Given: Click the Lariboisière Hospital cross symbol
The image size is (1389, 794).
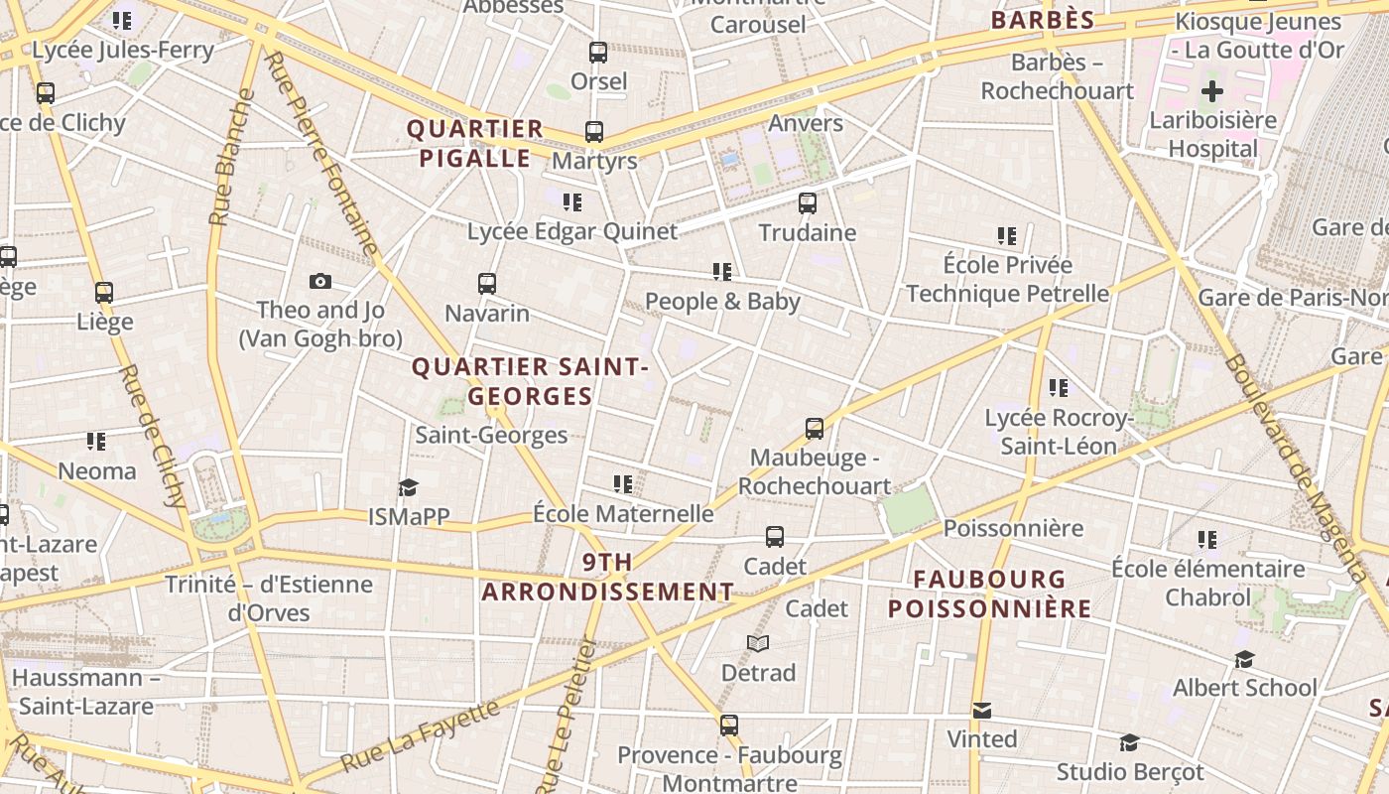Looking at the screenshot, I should tap(1211, 92).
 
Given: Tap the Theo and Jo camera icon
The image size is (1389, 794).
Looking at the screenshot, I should tap(319, 281).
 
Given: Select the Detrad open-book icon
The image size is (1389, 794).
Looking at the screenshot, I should tap(758, 643).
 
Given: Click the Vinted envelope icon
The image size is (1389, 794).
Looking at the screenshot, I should tap(982, 710).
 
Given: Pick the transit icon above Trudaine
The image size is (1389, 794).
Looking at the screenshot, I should tap(808, 203).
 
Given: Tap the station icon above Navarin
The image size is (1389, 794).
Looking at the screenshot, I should tap(486, 284).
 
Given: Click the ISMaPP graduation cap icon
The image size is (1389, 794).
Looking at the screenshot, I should tap(408, 486).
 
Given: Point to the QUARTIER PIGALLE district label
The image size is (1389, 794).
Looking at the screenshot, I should tap(475, 143).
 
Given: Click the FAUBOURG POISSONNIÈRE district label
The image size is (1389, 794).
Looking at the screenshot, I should tap(989, 594).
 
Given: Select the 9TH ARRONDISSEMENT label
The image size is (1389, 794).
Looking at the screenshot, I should tap(607, 577).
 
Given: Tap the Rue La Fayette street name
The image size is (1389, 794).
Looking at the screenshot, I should tap(422, 736).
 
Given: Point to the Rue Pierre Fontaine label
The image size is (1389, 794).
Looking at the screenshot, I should tap(323, 154).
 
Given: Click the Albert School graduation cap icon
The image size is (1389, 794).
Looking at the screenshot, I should tap(1244, 659).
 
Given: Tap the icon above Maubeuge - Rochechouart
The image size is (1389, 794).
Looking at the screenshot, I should tap(815, 429).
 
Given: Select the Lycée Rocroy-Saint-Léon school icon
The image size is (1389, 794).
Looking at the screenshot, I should tap(1059, 388).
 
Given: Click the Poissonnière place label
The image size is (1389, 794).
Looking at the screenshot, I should tap(1013, 528).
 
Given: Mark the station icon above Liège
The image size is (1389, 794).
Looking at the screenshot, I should tap(104, 293).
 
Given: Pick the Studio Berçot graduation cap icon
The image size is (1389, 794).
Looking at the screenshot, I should tap(1129, 742).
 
